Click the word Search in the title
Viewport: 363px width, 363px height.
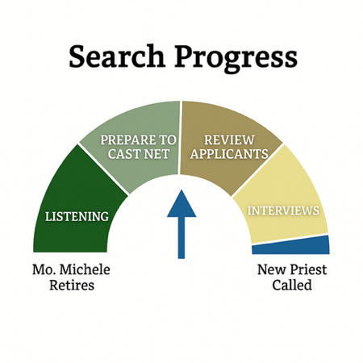(x=117, y=56)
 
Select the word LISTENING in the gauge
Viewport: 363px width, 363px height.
(x=77, y=217)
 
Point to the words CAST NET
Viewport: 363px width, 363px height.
(x=138, y=154)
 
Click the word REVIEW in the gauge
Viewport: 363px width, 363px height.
(x=229, y=140)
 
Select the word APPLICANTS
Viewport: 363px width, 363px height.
(x=229, y=154)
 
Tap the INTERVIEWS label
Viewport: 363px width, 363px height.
(x=283, y=211)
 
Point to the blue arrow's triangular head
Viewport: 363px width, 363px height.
(x=181, y=203)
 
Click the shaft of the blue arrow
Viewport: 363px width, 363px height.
(x=181, y=238)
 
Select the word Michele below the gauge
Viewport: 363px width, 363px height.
(x=85, y=269)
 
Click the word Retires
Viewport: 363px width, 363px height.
(x=72, y=286)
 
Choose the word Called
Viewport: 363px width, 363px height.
(x=292, y=286)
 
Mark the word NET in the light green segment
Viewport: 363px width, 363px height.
(x=156, y=154)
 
